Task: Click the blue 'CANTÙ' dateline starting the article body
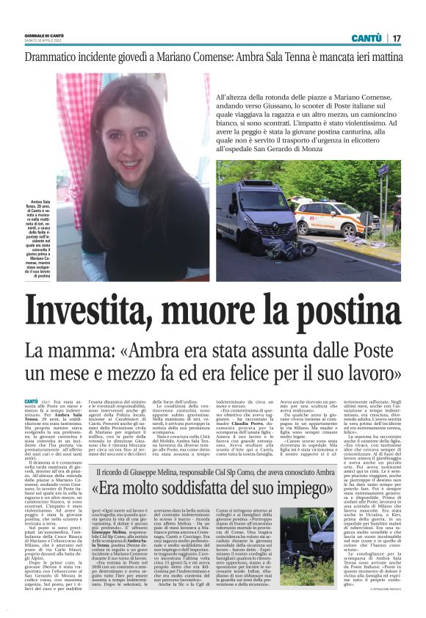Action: click(31, 401)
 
